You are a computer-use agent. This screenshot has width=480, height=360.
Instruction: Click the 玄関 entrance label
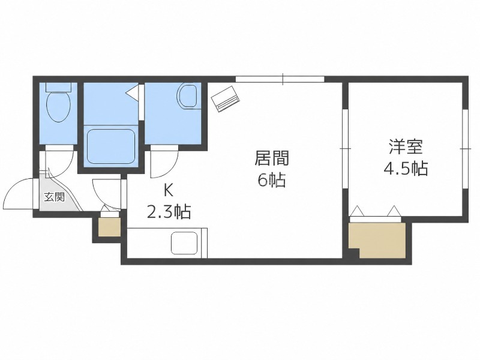pyautogui.click(x=54, y=197)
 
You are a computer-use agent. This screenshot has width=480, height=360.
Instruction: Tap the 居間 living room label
pyautogui.click(x=272, y=158)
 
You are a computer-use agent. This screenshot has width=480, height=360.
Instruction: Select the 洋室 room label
pyautogui.click(x=406, y=146)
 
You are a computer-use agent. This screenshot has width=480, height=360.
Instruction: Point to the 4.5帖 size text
pyautogui.click(x=406, y=168)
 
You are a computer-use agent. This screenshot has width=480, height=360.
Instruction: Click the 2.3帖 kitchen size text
pyautogui.click(x=169, y=212)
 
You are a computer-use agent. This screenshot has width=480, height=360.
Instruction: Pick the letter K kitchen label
pyautogui.click(x=169, y=191)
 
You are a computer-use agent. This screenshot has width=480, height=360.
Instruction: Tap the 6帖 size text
pyautogui.click(x=272, y=180)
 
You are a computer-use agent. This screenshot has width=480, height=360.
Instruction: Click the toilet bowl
pyautogui.click(x=58, y=107)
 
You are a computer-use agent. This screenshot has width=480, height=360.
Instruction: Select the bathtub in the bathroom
pyautogui.click(x=111, y=146)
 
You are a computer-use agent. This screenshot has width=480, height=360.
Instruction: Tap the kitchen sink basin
pyautogui.click(x=184, y=243)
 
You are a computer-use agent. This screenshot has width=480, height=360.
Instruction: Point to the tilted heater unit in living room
pyautogui.click(x=226, y=98)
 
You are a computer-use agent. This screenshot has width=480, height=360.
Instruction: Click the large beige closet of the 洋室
pyautogui.click(x=378, y=241)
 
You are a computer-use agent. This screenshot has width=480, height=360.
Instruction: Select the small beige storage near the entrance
pyautogui.click(x=109, y=227)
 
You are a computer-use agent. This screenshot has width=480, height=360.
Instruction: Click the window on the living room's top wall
pyautogui.click(x=280, y=79)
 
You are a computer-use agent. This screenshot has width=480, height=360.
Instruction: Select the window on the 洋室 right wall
pyautogui.click(x=466, y=149)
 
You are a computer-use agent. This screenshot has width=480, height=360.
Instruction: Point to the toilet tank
pyautogui.click(x=58, y=87)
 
